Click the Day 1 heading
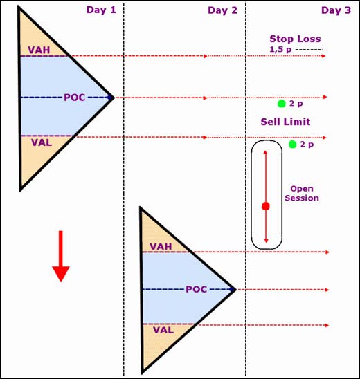[x=101, y=10]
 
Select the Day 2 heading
[x=223, y=10]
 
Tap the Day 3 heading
[x=336, y=10]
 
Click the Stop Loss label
[x=295, y=39]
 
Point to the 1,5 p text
[x=280, y=50]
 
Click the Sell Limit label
[x=285, y=122]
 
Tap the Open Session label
[x=302, y=194]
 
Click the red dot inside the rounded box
[x=266, y=206]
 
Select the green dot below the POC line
[x=281, y=104]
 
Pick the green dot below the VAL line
[x=292, y=145]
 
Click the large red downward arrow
[x=61, y=256]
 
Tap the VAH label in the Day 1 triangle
[x=39, y=50]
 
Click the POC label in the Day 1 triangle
[x=75, y=98]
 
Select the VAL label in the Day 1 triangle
[x=42, y=142]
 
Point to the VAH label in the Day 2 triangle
[x=161, y=246]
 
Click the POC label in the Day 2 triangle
[x=197, y=289]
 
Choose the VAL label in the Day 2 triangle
[x=163, y=330]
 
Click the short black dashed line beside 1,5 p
[x=309, y=50]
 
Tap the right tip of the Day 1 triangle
[x=114, y=98]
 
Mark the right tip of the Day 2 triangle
[x=235, y=290]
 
